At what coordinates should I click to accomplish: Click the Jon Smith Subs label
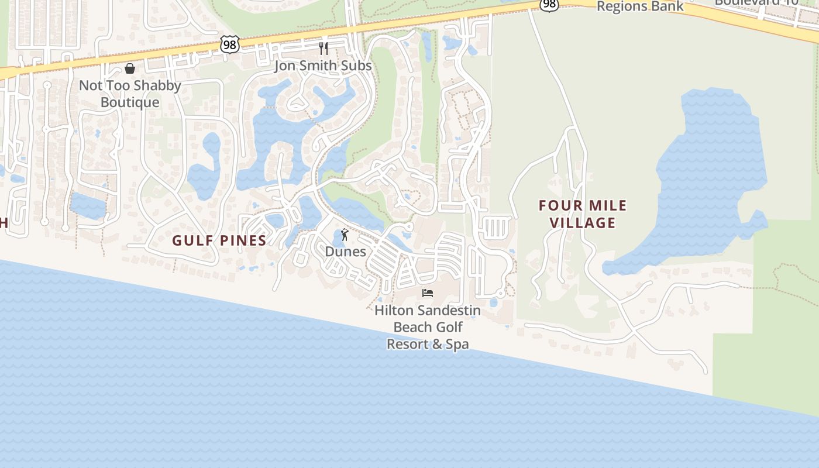(323, 66)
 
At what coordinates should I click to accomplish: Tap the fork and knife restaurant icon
(324, 48)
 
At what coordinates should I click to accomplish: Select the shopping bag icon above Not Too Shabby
(130, 68)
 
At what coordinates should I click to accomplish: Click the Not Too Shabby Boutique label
(130, 94)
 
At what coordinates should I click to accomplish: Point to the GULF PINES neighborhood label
(219, 240)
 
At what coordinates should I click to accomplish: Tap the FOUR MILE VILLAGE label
(583, 214)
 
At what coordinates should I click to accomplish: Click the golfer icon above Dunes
(345, 235)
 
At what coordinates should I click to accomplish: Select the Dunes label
(346, 252)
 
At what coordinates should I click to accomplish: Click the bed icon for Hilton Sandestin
(428, 292)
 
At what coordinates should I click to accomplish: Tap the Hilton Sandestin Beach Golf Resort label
(428, 326)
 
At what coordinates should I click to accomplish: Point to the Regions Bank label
(640, 6)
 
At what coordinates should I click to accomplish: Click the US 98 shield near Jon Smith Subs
(230, 44)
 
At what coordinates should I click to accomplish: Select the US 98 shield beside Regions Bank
(549, 5)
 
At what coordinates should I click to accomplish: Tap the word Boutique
(130, 102)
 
